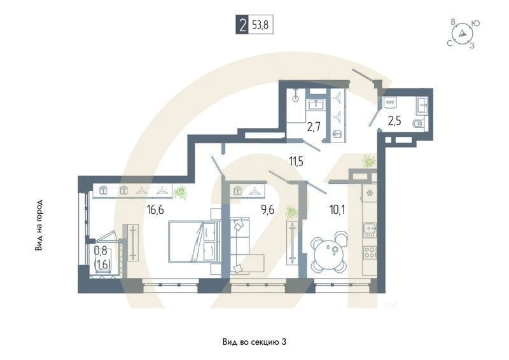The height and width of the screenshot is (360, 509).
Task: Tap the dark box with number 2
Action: [x=242, y=26]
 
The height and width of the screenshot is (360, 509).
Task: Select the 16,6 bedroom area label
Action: [x=155, y=207]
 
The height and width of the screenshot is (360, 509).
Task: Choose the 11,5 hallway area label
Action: [x=295, y=162]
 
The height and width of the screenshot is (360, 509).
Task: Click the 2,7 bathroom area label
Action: [x=314, y=126]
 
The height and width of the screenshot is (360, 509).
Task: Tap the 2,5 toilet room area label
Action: [x=395, y=121]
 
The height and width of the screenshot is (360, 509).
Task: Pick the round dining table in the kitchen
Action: [x=330, y=248]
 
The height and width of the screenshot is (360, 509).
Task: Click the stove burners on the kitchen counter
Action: [x=370, y=251]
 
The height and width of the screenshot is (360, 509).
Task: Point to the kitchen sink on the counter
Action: [x=368, y=228]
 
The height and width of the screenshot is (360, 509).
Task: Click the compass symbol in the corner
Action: [x=464, y=34]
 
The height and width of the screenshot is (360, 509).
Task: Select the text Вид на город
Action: [x=39, y=225]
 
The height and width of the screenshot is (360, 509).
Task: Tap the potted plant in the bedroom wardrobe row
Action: [x=181, y=191]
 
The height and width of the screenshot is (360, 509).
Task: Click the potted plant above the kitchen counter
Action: [x=368, y=162]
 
